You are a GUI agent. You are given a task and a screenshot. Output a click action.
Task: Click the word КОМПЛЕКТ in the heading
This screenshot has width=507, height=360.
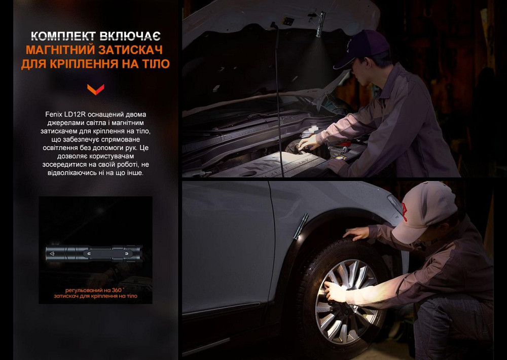(x=62, y=36)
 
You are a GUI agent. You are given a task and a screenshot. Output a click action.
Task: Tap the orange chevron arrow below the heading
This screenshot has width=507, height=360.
(x=95, y=90)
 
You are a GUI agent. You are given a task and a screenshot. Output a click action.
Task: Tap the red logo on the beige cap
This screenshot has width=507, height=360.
(x=404, y=210)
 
